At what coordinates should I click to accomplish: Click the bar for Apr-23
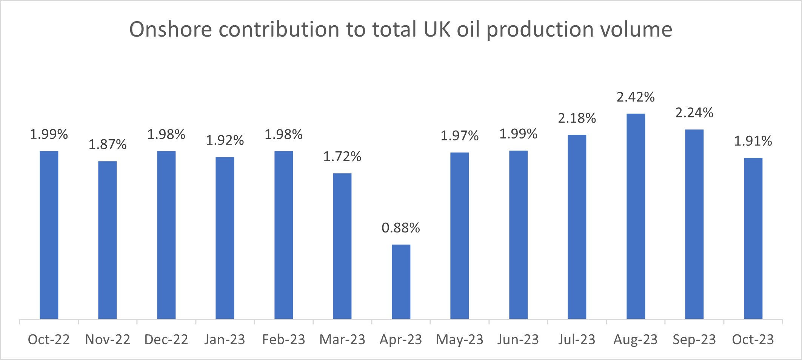[401, 282]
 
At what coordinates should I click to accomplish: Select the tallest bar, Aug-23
[636, 216]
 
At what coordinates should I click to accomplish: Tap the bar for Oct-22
[49, 235]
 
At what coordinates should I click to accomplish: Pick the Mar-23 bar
[342, 246]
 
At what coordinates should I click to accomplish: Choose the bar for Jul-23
[577, 227]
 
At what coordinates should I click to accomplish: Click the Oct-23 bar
[753, 238]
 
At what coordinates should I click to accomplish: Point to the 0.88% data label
[401, 228]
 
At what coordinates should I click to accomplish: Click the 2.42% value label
[636, 97]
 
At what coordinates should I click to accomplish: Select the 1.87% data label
[108, 145]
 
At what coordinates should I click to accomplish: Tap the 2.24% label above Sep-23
[694, 113]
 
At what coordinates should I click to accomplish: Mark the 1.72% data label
[342, 157]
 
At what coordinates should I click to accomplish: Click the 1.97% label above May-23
[460, 136]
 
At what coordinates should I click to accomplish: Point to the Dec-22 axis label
[166, 340]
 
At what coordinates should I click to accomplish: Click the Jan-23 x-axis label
[225, 340]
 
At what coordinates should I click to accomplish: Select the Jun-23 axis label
[518, 340]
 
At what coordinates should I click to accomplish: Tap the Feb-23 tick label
[283, 340]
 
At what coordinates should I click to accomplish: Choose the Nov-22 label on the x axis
[108, 340]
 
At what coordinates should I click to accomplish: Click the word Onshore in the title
[171, 29]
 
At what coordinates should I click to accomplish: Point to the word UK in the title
[437, 29]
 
